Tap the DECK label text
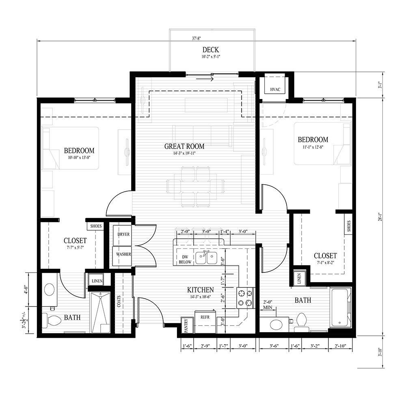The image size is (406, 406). click(211, 50)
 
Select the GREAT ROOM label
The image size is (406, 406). click(184, 146)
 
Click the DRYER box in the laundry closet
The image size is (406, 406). click(123, 235)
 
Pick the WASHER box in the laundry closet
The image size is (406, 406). click(123, 254)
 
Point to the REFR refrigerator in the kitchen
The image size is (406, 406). click(204, 317)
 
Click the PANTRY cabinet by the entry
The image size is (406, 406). click(186, 325)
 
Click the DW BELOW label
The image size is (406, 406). click(185, 260)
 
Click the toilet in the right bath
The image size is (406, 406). click(302, 319)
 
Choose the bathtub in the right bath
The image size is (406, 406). click(340, 307)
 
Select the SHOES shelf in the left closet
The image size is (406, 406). click(96, 226)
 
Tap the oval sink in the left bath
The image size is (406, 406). click(50, 289)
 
